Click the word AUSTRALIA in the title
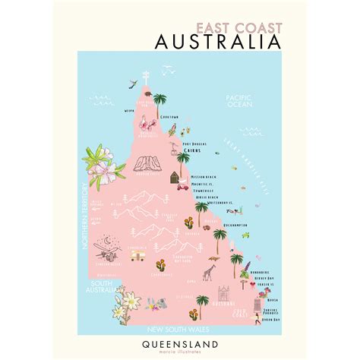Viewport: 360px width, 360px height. pyautogui.click(x=216, y=41)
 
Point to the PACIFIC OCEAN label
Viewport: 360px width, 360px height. pyautogui.click(x=238, y=102)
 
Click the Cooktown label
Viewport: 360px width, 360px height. pyautogui.click(x=169, y=117)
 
